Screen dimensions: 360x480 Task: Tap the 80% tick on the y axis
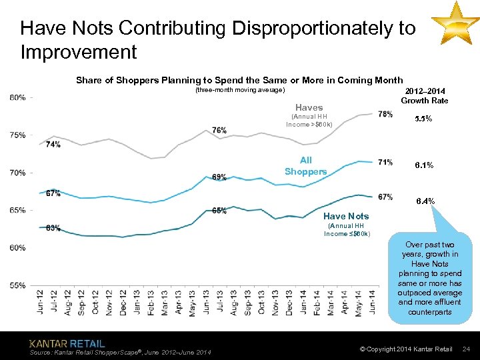pos(18,97)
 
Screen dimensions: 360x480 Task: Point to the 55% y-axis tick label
pos(18,285)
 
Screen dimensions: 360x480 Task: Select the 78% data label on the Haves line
pos(385,114)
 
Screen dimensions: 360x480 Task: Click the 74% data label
pos(53,144)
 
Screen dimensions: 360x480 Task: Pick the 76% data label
pos(219,130)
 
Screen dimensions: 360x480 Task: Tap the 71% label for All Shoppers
pos(385,162)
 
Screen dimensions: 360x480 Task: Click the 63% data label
pos(53,228)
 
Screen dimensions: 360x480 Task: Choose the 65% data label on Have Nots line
pos(219,211)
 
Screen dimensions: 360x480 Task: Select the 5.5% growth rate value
pos(423,119)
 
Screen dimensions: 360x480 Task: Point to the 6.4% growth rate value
pos(425,201)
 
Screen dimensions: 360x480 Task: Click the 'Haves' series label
pos(309,107)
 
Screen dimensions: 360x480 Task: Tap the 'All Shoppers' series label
pos(306,166)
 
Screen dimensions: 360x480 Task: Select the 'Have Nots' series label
pos(345,216)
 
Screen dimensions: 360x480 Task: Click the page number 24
pos(467,349)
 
